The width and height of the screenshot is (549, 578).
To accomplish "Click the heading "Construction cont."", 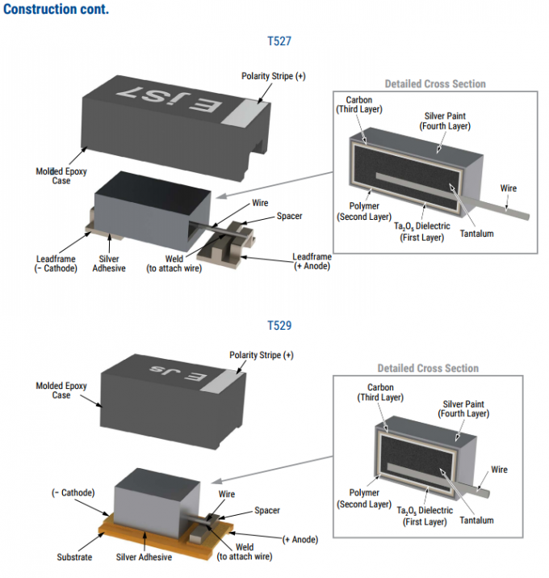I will (x=56, y=10).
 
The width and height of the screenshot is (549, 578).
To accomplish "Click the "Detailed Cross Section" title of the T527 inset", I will (x=435, y=83).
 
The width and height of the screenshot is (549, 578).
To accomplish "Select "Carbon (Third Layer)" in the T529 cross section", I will (x=380, y=393).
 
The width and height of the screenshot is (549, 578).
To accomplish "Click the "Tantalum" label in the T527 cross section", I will (x=476, y=234).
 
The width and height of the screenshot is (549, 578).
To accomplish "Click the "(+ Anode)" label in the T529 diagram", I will (x=300, y=539).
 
